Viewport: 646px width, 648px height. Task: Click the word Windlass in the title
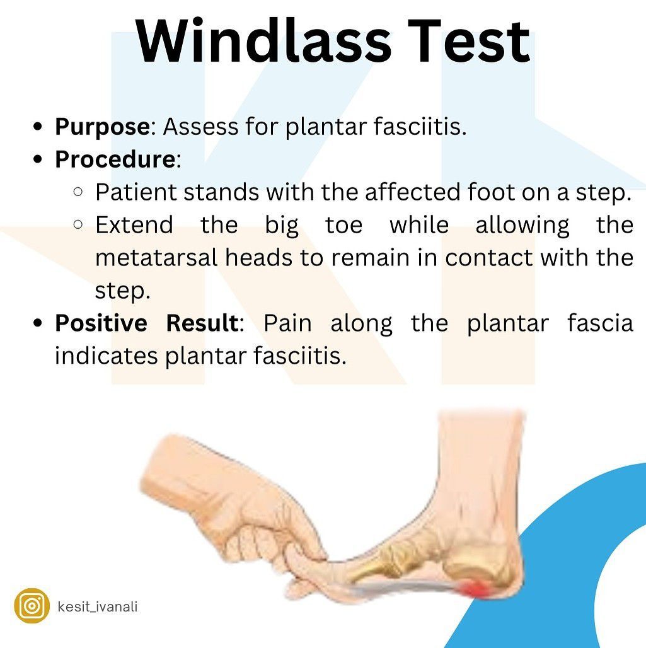pyautogui.click(x=263, y=42)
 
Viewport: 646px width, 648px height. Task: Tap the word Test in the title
pyautogui.click(x=469, y=42)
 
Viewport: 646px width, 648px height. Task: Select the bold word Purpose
pyautogui.click(x=102, y=127)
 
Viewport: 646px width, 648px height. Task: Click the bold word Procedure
pyautogui.click(x=115, y=159)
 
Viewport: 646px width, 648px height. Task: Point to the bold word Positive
pyautogui.click(x=101, y=323)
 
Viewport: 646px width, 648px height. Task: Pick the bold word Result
pyautogui.click(x=202, y=323)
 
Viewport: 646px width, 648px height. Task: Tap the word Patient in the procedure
pyautogui.click(x=136, y=192)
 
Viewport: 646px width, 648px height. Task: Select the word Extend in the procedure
pyautogui.click(x=134, y=225)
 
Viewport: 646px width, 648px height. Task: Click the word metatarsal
pyautogui.click(x=156, y=257)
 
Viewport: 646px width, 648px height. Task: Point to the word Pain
pyautogui.click(x=287, y=323)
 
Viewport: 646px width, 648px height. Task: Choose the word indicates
pyautogui.click(x=107, y=356)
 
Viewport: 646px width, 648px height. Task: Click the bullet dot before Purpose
pyautogui.click(x=38, y=126)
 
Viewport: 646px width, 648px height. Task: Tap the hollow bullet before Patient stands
pyautogui.click(x=78, y=192)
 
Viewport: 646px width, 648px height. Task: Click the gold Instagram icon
pyautogui.click(x=32, y=606)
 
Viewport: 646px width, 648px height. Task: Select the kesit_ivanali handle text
pyautogui.click(x=98, y=606)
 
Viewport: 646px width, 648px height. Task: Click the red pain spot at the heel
pyautogui.click(x=475, y=588)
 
